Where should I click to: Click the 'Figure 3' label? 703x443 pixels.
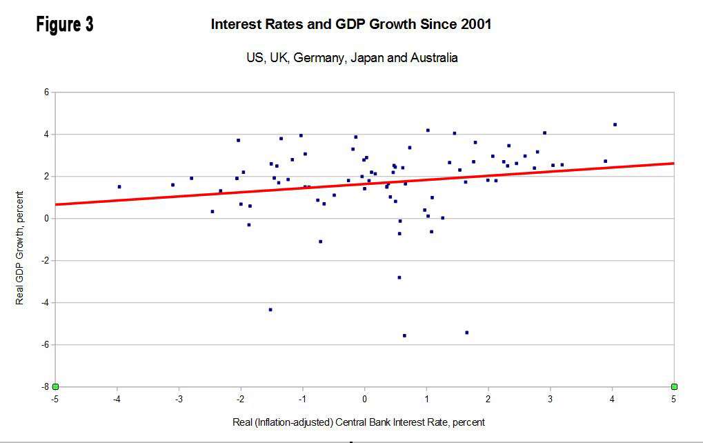65,25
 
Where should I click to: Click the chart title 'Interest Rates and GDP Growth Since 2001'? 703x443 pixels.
350,25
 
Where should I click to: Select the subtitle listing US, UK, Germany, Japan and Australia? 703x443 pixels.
351,58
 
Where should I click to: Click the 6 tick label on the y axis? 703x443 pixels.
46,92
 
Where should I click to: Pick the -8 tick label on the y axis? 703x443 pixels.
45,386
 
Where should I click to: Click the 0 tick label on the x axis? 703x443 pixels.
365,398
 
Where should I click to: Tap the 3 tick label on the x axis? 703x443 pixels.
551,398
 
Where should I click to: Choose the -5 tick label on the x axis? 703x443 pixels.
55,398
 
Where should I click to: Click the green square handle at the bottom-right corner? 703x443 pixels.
674,386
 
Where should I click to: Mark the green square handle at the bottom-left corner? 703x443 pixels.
55,386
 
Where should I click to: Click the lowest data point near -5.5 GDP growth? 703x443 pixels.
404,335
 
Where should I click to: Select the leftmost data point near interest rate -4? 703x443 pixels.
119,186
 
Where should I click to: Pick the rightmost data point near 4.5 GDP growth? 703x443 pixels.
615,124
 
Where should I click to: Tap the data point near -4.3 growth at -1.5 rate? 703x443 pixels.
270,310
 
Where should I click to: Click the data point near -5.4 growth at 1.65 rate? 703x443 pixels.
466,333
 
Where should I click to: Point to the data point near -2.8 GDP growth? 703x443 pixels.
399,277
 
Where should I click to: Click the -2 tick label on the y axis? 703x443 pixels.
45,260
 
